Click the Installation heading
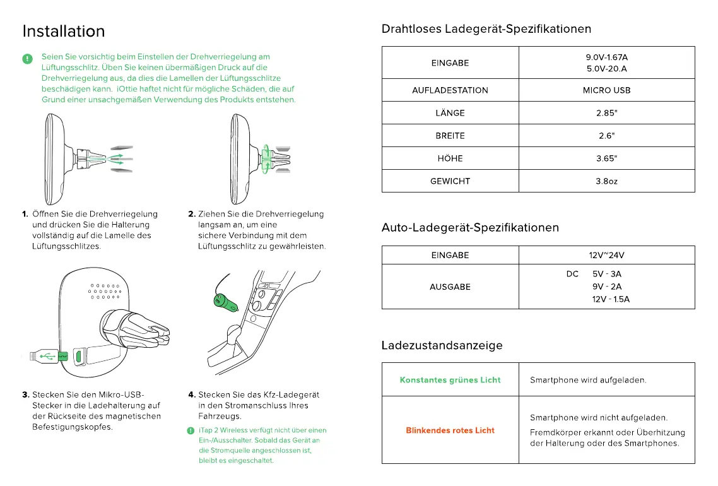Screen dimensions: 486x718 tap(64, 31)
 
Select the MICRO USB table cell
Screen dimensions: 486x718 tap(606, 90)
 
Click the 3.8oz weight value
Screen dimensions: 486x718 tap(606, 181)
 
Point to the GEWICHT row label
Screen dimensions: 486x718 tap(450, 181)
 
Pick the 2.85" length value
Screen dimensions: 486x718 tap(606, 113)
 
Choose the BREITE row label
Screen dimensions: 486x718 tap(450, 136)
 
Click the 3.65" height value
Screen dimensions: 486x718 tap(606, 158)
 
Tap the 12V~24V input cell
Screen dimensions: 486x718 tap(606, 256)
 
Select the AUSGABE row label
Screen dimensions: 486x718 tap(450, 287)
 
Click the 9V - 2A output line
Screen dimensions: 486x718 tap(606, 287)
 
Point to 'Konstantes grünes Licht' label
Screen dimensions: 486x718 tap(450, 380)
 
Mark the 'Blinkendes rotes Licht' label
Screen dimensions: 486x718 tap(450, 430)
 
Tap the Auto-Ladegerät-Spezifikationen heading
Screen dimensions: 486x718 tap(470, 227)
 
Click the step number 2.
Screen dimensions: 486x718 tap(192, 214)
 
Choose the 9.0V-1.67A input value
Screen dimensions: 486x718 tap(606, 57)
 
